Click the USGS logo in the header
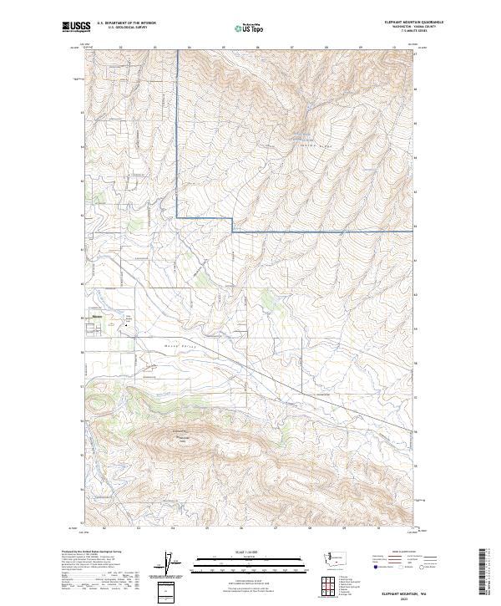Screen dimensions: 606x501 pyautogui.click(x=76, y=27)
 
